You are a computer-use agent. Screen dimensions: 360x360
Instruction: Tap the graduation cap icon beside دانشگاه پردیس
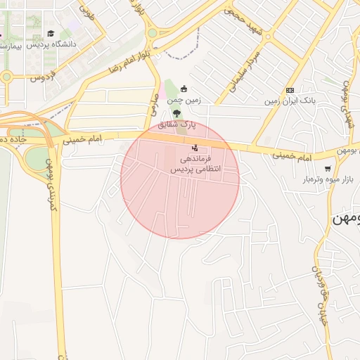[51, 33]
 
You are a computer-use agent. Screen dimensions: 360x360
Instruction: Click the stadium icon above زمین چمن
[184, 89]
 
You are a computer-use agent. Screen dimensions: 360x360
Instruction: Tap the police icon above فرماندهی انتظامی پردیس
[195, 148]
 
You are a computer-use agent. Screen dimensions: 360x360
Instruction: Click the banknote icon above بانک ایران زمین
[290, 90]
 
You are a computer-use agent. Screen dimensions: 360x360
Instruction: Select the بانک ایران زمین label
[290, 101]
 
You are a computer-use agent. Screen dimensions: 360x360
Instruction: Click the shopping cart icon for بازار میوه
[328, 168]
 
